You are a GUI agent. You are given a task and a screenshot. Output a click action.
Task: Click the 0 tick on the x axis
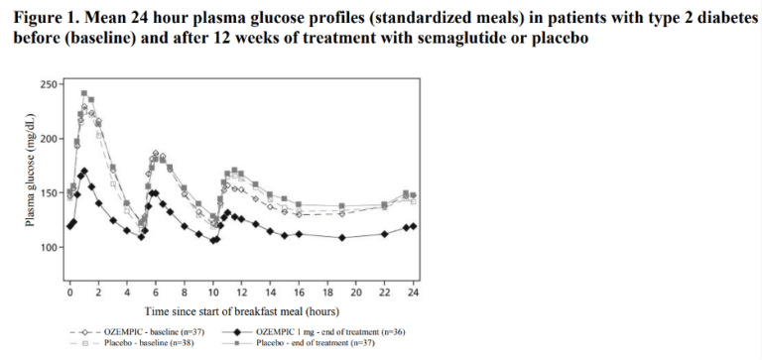coord(69,294)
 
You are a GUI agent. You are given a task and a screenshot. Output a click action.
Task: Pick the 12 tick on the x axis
coord(242,294)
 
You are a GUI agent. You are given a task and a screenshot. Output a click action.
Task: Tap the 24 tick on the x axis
coord(414,294)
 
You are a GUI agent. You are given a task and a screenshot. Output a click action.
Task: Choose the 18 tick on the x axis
coord(327,294)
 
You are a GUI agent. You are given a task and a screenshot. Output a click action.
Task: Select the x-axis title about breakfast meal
coord(241,310)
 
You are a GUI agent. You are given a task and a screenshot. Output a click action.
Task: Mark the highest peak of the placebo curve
coord(84,93)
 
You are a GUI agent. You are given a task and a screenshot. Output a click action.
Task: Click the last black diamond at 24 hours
coord(413,226)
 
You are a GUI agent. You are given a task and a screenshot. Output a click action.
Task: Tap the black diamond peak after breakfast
coord(84,171)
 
